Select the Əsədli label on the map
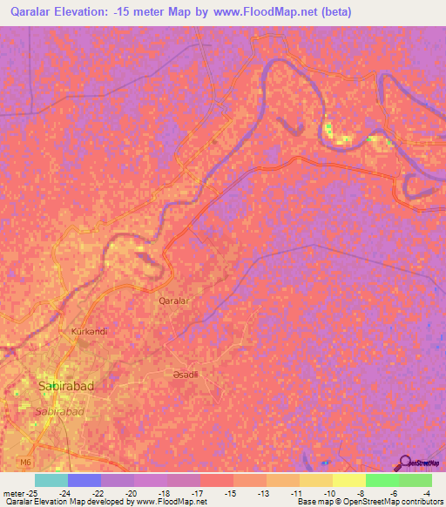(x=185, y=374)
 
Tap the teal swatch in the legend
(x=51, y=480)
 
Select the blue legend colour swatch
(x=84, y=480)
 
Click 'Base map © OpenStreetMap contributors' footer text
(x=368, y=502)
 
